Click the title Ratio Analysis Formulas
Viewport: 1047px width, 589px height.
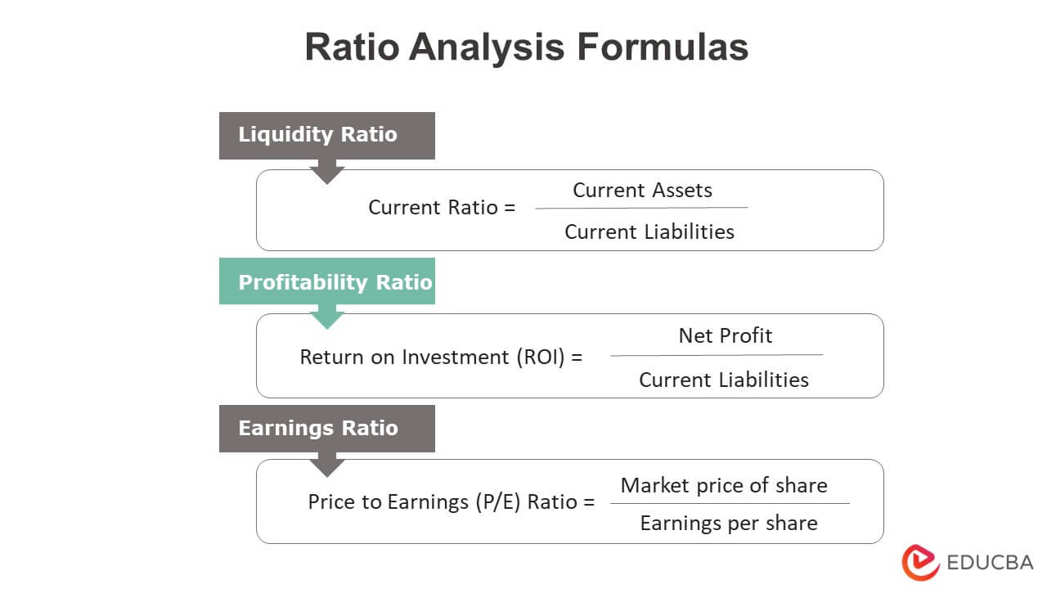(x=526, y=47)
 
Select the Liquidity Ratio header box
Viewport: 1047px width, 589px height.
(x=326, y=135)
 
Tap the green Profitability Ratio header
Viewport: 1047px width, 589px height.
(x=326, y=281)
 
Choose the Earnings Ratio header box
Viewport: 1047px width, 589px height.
(x=326, y=428)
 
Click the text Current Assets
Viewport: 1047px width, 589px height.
(x=642, y=191)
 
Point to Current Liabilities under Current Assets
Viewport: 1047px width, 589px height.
(x=649, y=232)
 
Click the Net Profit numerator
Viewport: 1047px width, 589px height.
(x=725, y=335)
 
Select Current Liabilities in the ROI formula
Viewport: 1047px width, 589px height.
(x=723, y=380)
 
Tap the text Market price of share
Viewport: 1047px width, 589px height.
(x=724, y=485)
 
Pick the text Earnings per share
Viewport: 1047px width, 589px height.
(x=728, y=524)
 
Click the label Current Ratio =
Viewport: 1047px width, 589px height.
(x=442, y=208)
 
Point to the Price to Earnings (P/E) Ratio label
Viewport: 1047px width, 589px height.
(x=451, y=502)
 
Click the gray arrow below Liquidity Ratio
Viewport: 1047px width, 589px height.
(x=327, y=173)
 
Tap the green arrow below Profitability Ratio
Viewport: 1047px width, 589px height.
(x=327, y=317)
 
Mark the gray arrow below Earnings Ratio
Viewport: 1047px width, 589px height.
(x=327, y=465)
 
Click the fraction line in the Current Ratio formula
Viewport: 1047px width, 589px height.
(x=641, y=208)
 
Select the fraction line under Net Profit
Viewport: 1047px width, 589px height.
(x=717, y=355)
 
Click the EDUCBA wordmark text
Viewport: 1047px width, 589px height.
(x=990, y=562)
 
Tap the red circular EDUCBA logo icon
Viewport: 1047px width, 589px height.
(x=920, y=562)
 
